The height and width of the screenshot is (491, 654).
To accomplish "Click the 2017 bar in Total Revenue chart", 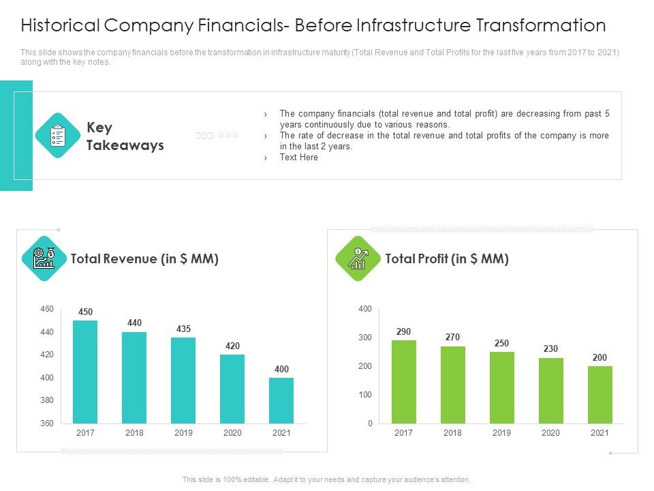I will coord(85,372).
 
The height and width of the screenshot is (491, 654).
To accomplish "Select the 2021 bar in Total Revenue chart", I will coord(281,400).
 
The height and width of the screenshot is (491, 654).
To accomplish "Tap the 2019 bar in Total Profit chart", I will coord(502,387).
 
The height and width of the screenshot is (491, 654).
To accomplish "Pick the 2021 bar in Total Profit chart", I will coord(600,395).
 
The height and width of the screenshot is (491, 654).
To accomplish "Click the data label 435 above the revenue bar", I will coord(183,329).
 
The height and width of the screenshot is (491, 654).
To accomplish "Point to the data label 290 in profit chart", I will coord(404,331).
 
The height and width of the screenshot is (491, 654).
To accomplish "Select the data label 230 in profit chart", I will coord(551,348).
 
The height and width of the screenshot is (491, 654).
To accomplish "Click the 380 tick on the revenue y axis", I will coord(46,400).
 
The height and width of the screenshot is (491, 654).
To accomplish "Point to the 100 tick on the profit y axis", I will coord(365,395).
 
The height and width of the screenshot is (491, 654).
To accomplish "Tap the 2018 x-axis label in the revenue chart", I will coord(134,433).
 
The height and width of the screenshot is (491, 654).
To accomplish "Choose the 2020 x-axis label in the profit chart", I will coord(551,433).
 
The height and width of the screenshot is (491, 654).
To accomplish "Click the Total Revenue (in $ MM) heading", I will coord(144,258).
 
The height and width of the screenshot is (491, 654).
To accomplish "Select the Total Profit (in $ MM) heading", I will coord(447,258).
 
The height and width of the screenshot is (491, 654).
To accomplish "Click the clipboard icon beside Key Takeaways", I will coord(58,136).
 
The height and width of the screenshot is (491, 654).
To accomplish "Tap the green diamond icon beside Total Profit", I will coord(358,258).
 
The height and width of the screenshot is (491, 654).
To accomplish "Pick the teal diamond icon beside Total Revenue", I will coord(44,258).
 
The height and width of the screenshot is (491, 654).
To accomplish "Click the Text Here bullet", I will coord(298,158).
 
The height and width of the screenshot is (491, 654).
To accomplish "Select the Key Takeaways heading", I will coord(125,136).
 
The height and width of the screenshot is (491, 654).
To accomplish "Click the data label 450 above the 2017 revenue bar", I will coord(85,312).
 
